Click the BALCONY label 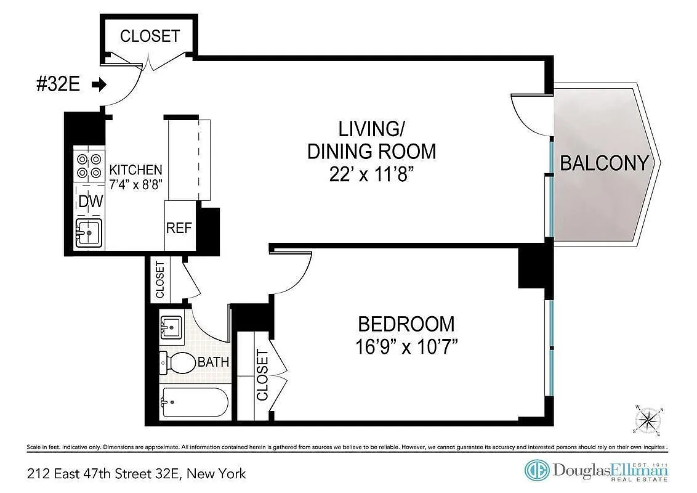click(x=604, y=163)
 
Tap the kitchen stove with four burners click(x=89, y=166)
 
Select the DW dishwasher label click(x=91, y=201)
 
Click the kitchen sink click(x=89, y=233)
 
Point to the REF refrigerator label click(x=179, y=228)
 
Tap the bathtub click(x=195, y=402)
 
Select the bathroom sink click(x=171, y=327)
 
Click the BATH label click(x=214, y=362)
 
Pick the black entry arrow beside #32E click(x=99, y=84)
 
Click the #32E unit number click(x=58, y=84)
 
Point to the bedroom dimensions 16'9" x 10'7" click(x=406, y=346)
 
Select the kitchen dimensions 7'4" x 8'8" click(x=136, y=183)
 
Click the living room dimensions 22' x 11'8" click(x=369, y=174)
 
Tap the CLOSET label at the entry click(x=150, y=36)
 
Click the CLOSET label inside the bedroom click(x=262, y=375)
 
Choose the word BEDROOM click(x=406, y=324)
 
